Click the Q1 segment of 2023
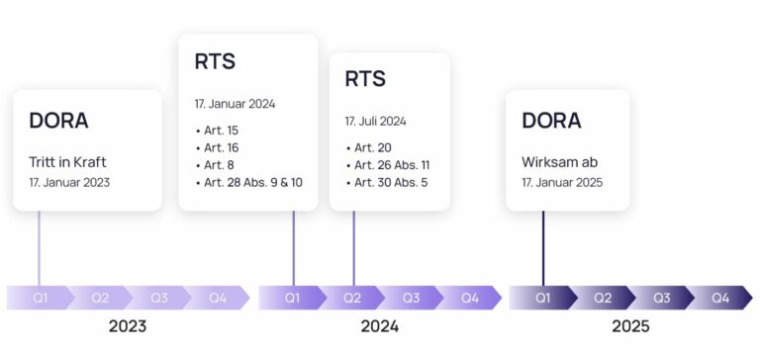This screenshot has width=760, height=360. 41,298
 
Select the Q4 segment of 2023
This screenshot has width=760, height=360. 217,298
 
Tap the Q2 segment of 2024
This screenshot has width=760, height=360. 352,298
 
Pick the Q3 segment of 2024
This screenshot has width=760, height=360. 411,298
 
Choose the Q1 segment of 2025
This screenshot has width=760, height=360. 542,298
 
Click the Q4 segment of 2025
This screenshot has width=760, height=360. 719,298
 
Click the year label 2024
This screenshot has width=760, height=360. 379,326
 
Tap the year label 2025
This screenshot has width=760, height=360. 629,326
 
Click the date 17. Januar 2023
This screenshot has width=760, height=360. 69,183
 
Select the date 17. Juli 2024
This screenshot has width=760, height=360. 375,122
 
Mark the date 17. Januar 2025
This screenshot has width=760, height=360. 562,183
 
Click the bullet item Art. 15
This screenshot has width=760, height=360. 222,131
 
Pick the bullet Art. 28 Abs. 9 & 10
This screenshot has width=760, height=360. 253,183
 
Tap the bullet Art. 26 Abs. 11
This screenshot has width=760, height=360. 392,165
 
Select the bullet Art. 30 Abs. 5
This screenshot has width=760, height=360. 391,183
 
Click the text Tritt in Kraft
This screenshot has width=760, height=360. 67,162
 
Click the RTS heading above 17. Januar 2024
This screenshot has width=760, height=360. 215,62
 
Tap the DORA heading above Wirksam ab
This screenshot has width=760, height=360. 551,121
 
